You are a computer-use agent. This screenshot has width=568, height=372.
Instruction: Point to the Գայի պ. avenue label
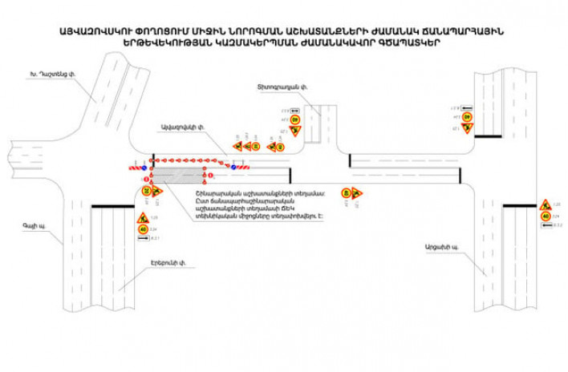click(x=34, y=227)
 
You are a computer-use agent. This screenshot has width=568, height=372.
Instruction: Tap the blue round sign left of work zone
click(x=144, y=168)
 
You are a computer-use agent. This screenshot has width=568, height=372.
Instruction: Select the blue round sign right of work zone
click(x=233, y=167)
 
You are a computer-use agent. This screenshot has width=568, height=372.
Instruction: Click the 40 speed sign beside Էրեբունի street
click(x=142, y=229)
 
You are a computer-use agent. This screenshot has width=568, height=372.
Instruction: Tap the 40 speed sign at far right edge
click(x=545, y=216)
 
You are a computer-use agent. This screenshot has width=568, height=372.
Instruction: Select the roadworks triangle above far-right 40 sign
click(x=545, y=204)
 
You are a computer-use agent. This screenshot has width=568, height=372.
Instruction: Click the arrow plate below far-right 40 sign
click(x=546, y=226)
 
